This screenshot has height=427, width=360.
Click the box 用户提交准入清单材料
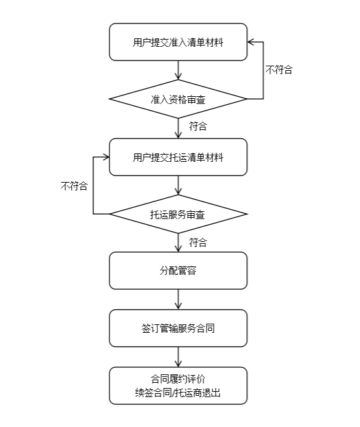pos(178,42)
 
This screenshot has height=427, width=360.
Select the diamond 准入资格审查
pos(178,99)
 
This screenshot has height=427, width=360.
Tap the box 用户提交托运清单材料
pos(178,157)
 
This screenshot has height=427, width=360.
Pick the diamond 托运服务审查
pos(178,214)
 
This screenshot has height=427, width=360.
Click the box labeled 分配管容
pos(178,270)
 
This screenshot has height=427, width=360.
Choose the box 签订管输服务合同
pos(178,328)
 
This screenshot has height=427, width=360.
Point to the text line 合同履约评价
pos(178,378)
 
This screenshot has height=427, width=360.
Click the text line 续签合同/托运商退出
pos(178,393)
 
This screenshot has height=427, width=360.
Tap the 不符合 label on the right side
pos(279,70)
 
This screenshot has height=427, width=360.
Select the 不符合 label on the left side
pos(74,185)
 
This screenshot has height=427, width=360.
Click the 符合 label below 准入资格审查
pos(198,127)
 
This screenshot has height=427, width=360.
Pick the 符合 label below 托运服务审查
pos(198,242)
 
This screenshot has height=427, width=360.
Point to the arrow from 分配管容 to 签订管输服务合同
pos(178,299)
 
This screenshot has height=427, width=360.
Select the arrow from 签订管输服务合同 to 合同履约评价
pos(178,357)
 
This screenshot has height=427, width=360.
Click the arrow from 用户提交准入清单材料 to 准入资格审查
pos(178,70)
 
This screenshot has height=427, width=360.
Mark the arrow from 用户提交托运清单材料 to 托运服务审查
pos(178,185)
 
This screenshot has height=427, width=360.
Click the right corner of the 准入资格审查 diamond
pos(246,99)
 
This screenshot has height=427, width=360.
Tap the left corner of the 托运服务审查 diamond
pos(110,214)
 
